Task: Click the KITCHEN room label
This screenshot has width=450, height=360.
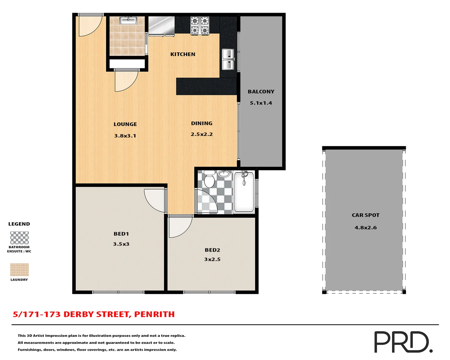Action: point(183,54)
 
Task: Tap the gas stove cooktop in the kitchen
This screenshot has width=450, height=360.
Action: point(199,25)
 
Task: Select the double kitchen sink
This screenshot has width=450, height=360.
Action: point(228,59)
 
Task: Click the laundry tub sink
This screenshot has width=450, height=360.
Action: point(128,21)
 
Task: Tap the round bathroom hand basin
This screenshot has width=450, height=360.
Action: point(224,174)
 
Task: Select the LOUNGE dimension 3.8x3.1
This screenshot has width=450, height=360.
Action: point(125,136)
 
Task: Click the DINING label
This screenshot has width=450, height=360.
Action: point(201,123)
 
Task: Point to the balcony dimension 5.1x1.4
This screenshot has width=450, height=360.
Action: point(261,103)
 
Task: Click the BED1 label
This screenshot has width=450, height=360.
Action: point(121,234)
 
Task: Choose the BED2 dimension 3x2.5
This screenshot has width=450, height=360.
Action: point(212,259)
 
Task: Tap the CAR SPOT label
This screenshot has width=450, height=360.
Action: point(365,215)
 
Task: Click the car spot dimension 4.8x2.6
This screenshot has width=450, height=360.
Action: point(365,228)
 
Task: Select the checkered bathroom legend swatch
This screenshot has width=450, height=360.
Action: point(19,238)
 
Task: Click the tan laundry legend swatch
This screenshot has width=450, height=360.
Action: point(19,270)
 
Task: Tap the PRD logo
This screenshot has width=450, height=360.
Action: point(403,342)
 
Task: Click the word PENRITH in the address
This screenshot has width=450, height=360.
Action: point(154,314)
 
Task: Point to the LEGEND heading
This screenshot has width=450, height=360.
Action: point(19,224)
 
